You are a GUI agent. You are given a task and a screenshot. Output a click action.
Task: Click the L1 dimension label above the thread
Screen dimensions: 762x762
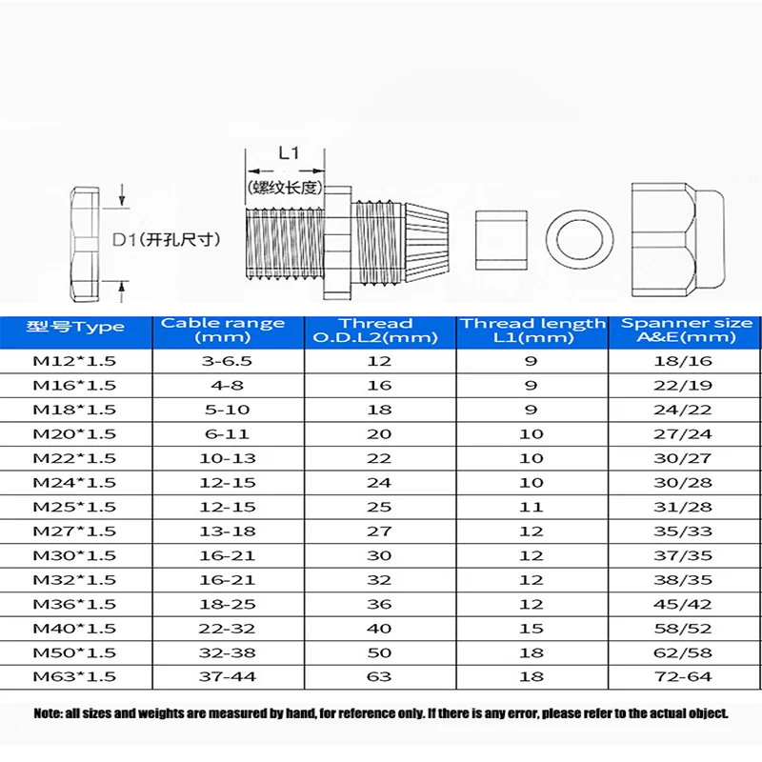pos(289,153)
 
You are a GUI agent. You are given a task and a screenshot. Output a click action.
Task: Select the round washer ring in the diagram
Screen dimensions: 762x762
pos(580,236)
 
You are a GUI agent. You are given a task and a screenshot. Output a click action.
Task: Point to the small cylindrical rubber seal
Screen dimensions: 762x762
pos(499,236)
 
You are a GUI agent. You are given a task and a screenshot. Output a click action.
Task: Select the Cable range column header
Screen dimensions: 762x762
pos(222,330)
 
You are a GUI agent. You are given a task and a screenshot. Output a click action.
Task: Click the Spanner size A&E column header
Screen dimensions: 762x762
pos(686,330)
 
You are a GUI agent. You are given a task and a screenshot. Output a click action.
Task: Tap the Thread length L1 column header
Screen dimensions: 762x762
pos(532,330)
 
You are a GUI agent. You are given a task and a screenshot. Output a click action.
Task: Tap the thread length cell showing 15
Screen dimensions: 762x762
pos(532,628)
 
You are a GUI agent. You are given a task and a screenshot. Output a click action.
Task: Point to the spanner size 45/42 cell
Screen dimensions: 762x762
pos(686,603)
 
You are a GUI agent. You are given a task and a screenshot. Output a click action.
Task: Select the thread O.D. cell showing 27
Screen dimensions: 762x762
pos(378,531)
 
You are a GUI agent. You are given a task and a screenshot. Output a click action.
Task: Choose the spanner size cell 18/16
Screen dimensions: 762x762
pos(686,361)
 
